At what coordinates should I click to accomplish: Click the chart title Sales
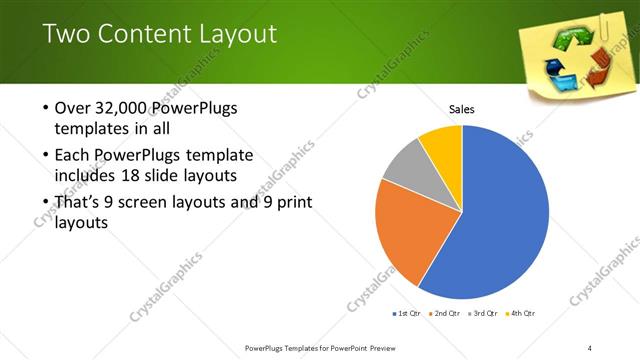[x=461, y=109]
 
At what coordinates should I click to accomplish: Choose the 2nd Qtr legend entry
[x=443, y=314]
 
